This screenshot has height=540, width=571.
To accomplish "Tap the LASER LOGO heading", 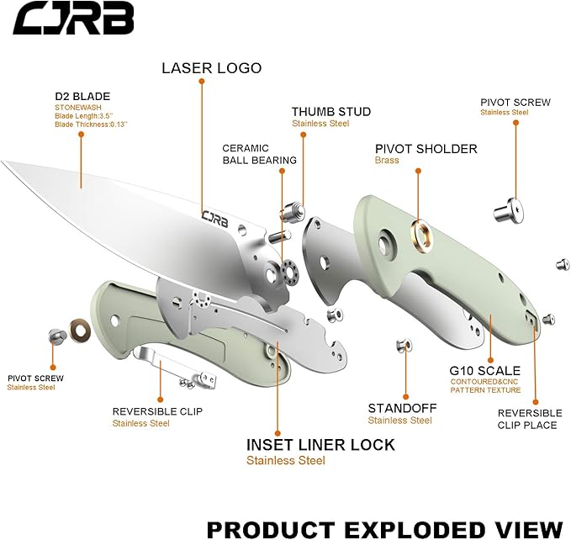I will (x=211, y=68).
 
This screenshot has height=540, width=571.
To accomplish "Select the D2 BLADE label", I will (x=82, y=96).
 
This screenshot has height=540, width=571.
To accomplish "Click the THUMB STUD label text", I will (x=330, y=112).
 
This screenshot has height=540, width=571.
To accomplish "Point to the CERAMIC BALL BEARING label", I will (x=259, y=154).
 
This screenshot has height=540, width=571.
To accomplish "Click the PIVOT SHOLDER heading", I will (x=426, y=149).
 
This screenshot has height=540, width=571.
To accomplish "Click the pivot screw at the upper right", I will (x=506, y=206).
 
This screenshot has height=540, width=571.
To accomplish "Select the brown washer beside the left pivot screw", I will (x=81, y=329).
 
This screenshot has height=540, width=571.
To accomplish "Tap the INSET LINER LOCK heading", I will (x=320, y=445).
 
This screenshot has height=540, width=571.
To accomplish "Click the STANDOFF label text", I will (x=402, y=408).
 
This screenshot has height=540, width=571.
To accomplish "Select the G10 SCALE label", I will (x=485, y=370).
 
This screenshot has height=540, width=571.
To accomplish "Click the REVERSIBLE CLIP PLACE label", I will (x=529, y=419).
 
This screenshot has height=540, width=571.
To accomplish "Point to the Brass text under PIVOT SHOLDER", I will (x=387, y=161).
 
